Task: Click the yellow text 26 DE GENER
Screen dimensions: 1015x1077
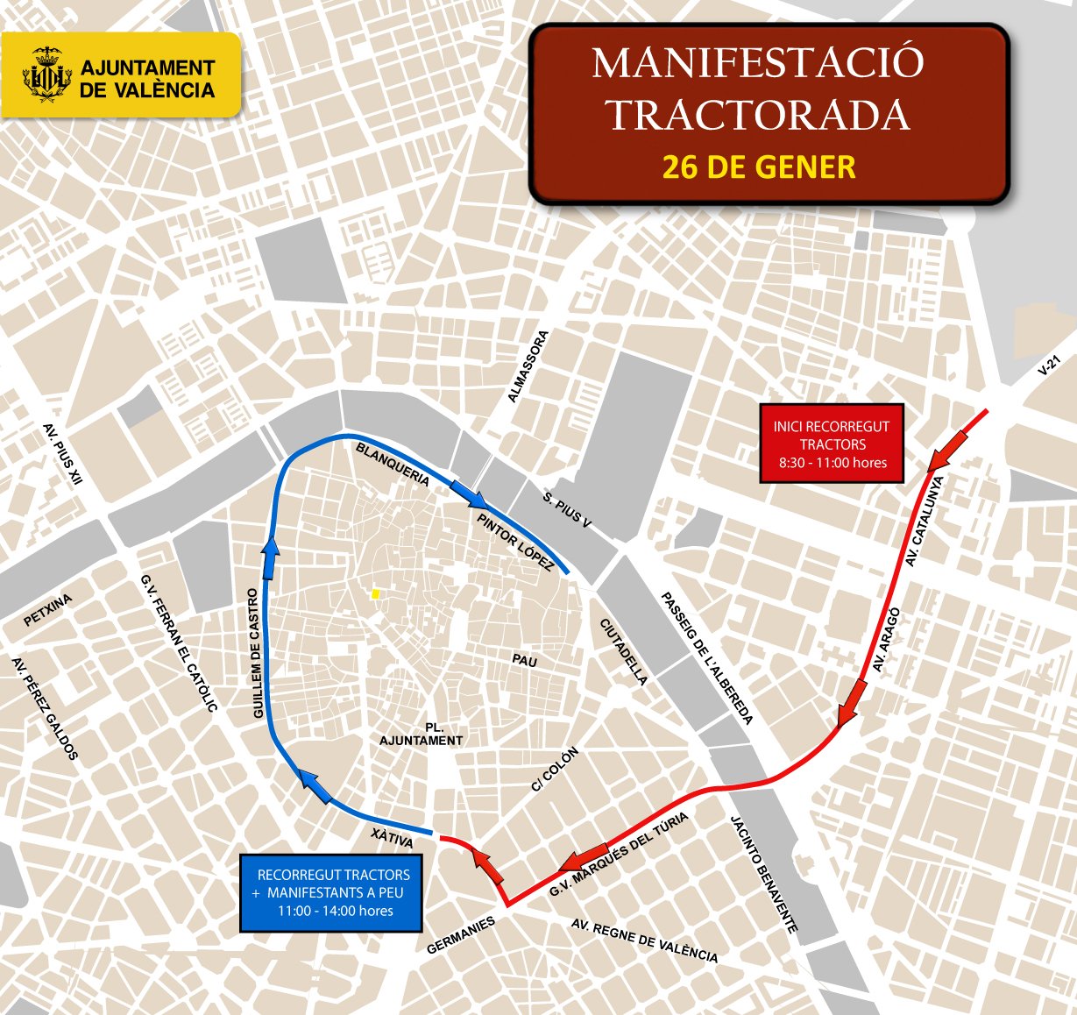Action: click(759, 167)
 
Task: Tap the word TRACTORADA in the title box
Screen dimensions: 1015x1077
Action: click(759, 115)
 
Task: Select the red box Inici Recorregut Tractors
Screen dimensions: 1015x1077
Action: click(831, 444)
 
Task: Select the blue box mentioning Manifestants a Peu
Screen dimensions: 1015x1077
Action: click(332, 892)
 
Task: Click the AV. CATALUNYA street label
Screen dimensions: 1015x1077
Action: click(924, 521)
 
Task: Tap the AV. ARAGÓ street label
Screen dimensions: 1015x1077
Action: click(887, 641)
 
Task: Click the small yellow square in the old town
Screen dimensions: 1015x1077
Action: click(375, 593)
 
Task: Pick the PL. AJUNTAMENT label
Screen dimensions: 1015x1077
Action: click(422, 735)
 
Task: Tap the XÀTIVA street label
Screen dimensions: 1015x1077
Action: click(392, 838)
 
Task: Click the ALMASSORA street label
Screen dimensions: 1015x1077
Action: click(528, 366)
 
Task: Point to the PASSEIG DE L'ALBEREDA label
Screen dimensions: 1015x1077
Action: click(706, 658)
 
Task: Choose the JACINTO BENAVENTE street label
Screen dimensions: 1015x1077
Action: click(764, 874)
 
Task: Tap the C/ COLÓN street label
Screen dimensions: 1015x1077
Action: click(555, 770)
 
